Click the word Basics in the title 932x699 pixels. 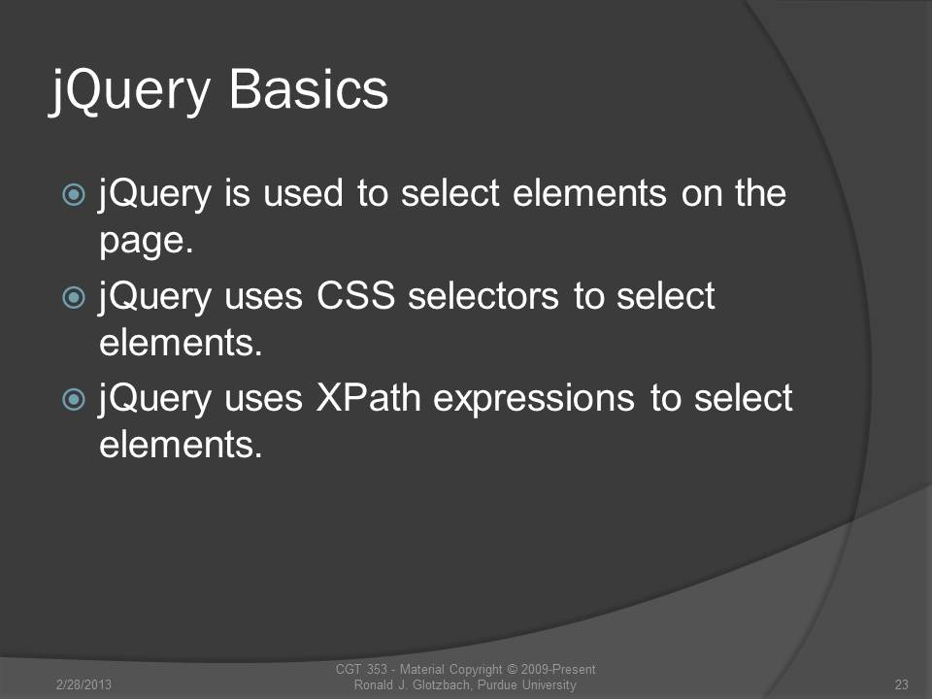309,89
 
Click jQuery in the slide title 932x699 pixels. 129,92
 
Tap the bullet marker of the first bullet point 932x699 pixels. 74,194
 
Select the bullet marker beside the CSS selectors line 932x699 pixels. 74,297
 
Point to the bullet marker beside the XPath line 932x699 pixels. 74,399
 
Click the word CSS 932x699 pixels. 355,295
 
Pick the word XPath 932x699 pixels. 368,397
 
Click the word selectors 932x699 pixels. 483,295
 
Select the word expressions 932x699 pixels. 533,399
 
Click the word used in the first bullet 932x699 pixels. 303,193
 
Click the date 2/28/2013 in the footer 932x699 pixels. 83,684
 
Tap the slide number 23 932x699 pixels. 901,684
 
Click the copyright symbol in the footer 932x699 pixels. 512,669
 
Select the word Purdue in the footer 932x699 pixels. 497,684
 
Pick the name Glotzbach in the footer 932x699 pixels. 441,684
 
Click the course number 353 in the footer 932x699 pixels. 377,669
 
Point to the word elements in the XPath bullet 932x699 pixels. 181,445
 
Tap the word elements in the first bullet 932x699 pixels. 589,193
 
